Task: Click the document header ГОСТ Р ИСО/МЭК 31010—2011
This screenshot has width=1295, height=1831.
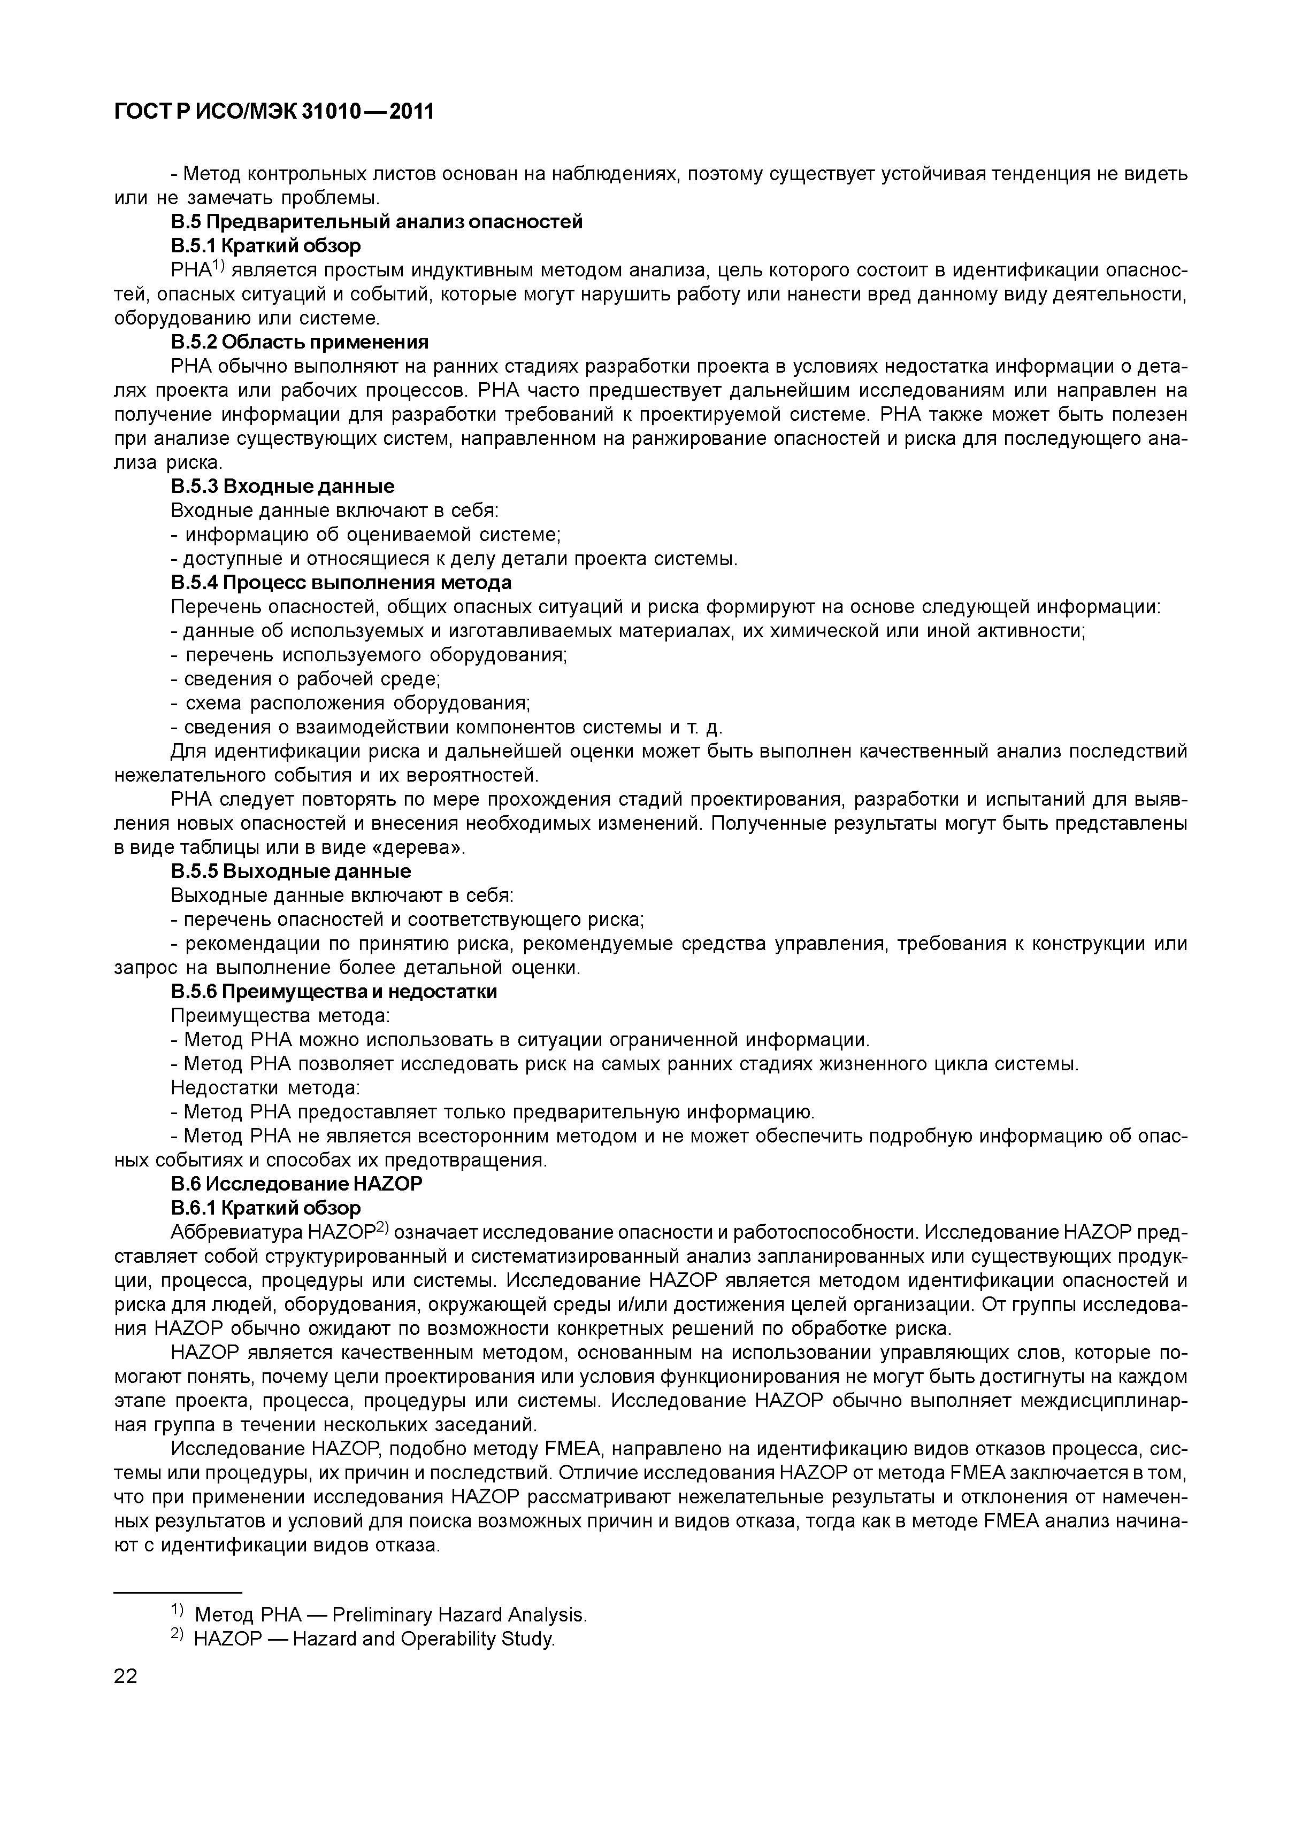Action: click(x=274, y=112)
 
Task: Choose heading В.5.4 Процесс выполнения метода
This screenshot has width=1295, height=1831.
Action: click(x=341, y=583)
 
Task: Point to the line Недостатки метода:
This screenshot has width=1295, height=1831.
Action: click(x=265, y=1088)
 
